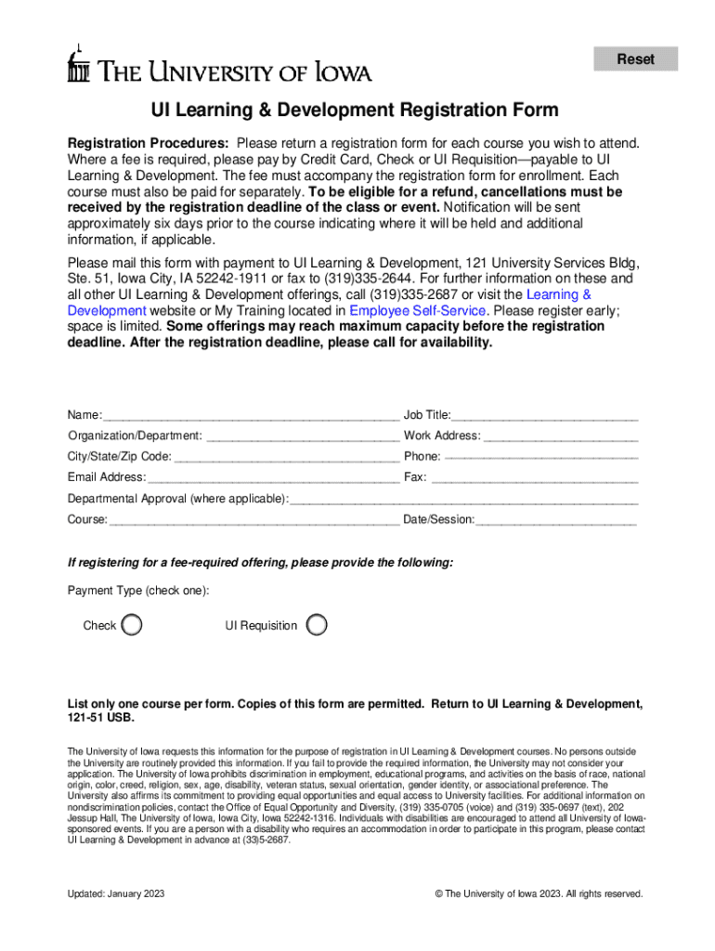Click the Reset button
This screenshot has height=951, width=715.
pos(636,59)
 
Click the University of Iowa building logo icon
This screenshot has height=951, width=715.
pos(79,65)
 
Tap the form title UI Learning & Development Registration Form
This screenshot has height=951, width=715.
pos(356,111)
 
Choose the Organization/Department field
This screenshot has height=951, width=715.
pos(303,436)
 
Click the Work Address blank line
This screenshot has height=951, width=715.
pos(561,436)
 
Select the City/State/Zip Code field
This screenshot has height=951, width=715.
pos(287,457)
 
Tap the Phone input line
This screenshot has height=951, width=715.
pos(541,457)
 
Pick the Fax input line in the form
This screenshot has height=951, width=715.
pos(535,477)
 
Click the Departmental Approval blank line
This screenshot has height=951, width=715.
pos(465,499)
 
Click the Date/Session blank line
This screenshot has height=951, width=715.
pos(556,520)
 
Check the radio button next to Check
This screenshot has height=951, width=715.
pos(133,624)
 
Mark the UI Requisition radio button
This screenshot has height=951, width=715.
pos(317,624)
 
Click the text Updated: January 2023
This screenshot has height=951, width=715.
pos(116,893)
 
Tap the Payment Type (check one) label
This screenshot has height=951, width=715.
pos(138,591)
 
